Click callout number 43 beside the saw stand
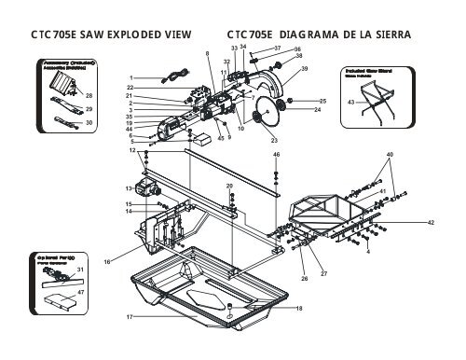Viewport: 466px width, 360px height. coord(350,100)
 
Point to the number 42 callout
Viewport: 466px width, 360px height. coord(431,223)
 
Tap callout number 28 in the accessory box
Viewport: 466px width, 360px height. coord(89,95)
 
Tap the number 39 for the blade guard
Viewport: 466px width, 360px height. coord(304,70)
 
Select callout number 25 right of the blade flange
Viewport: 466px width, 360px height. coord(322,101)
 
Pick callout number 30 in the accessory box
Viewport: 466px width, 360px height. coord(89,122)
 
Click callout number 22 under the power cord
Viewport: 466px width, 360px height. coord(132,87)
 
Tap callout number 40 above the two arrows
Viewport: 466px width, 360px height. coord(390,153)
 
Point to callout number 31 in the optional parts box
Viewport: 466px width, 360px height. coord(80,270)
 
